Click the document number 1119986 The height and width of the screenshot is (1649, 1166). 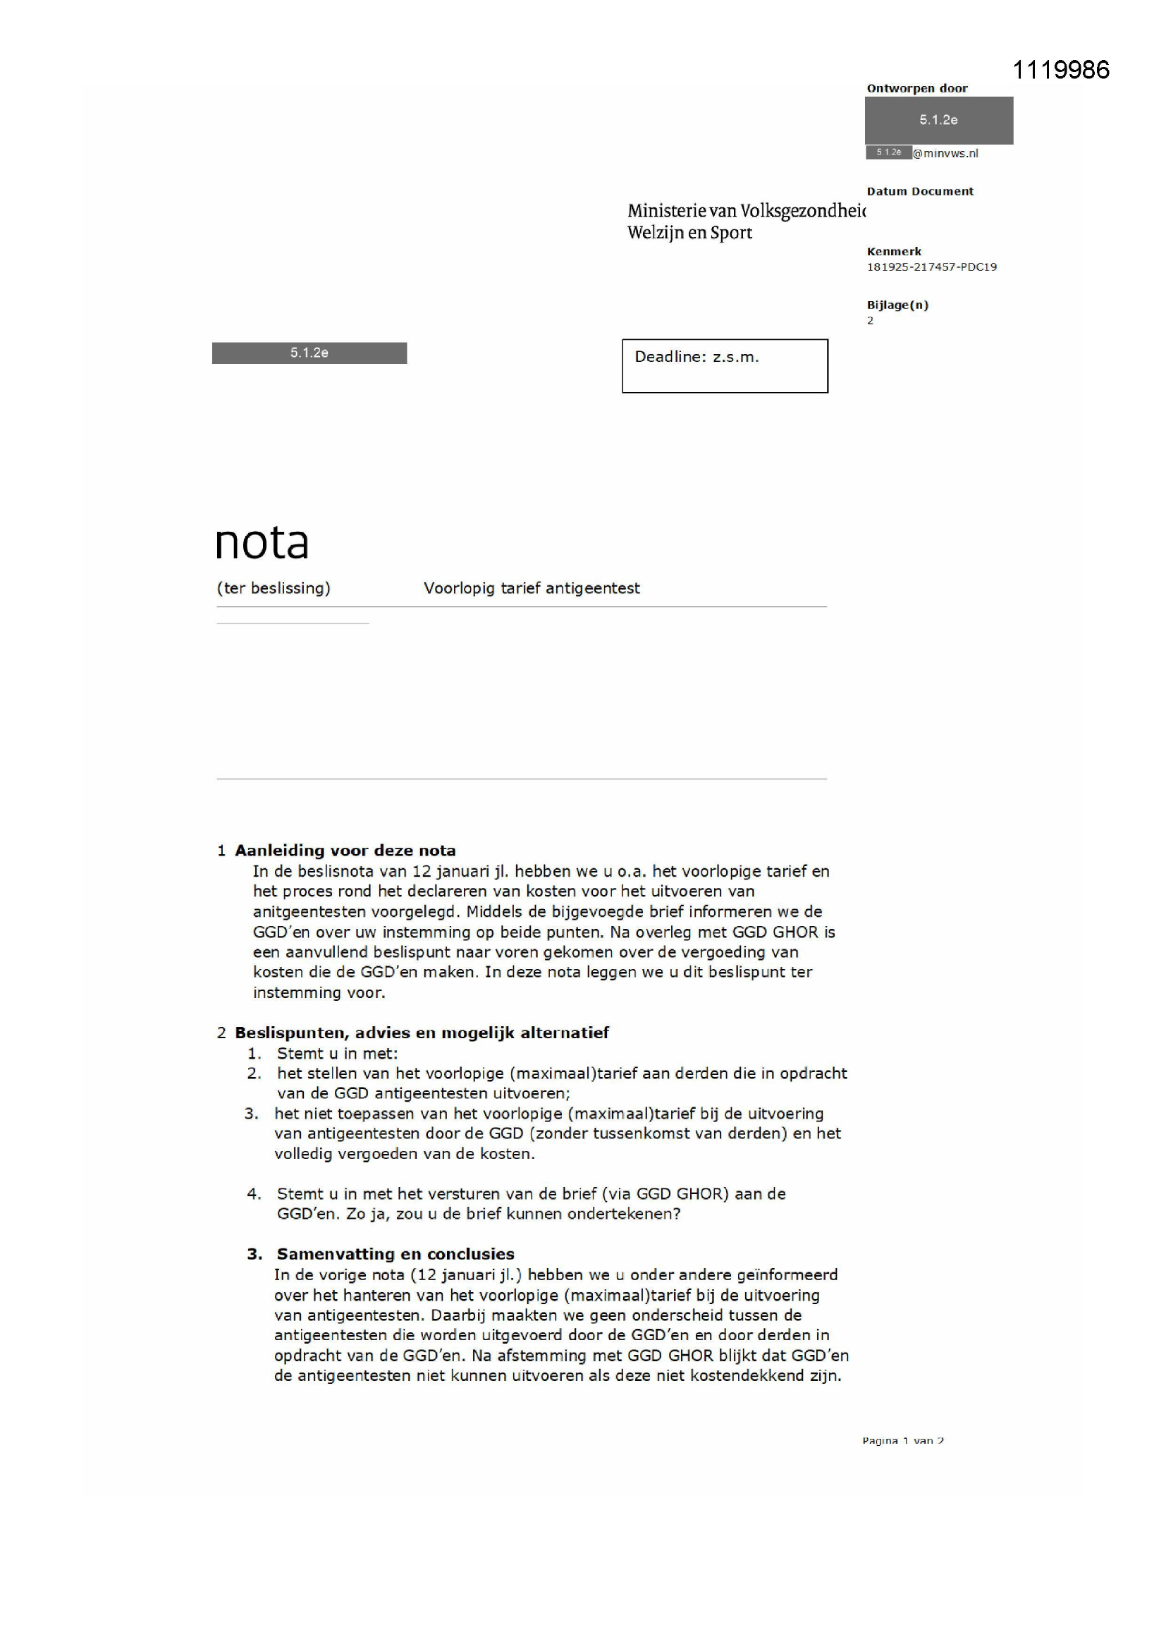(1060, 70)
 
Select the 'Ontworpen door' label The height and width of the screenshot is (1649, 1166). (917, 88)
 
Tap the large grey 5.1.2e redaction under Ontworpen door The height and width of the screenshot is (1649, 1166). (938, 120)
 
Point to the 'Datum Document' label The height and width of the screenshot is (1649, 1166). (920, 191)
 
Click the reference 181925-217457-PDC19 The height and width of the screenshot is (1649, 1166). (931, 267)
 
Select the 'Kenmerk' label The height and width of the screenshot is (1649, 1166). (894, 251)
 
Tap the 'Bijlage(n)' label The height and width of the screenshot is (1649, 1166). (897, 305)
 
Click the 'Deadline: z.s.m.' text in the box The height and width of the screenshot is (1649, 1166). (696, 357)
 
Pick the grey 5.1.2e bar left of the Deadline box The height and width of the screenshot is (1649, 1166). (309, 353)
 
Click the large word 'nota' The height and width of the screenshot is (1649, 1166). (262, 542)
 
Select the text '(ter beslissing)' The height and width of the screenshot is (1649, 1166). (274, 588)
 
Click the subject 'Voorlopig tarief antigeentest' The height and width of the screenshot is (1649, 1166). (532, 588)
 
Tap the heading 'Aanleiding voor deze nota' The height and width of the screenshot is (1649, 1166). (345, 851)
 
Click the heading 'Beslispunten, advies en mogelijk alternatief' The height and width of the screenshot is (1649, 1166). (422, 1033)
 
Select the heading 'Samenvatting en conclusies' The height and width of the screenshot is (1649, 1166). (395, 1254)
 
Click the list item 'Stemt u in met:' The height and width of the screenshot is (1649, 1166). (338, 1054)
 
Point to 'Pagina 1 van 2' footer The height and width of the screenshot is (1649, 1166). (903, 1440)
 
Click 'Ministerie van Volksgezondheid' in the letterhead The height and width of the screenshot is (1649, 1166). (746, 210)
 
